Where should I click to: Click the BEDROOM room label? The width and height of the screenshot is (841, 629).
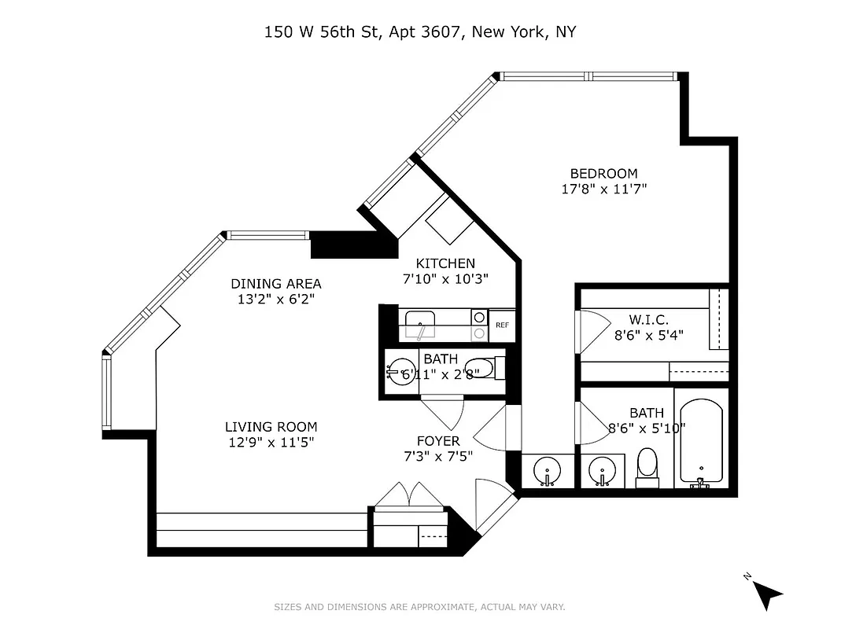[x=603, y=174]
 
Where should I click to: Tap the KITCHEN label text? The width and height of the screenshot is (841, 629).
[x=445, y=263]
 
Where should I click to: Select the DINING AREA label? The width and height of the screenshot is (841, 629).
[x=275, y=284]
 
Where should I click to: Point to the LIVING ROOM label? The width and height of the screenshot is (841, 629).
[x=271, y=427]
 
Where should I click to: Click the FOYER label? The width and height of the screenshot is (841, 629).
[x=438, y=441]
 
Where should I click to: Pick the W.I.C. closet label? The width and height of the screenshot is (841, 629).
[x=648, y=320]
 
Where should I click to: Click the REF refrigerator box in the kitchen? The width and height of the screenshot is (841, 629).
[x=502, y=325]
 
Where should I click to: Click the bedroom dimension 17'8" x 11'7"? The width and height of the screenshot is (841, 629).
[x=603, y=189]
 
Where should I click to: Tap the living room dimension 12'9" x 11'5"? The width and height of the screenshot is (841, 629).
[x=271, y=442]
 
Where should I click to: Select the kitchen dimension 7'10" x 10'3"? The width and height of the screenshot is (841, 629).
[x=445, y=278]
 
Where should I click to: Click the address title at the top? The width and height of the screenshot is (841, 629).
[x=420, y=32]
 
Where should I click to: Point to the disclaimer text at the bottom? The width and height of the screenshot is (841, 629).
[x=419, y=607]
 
